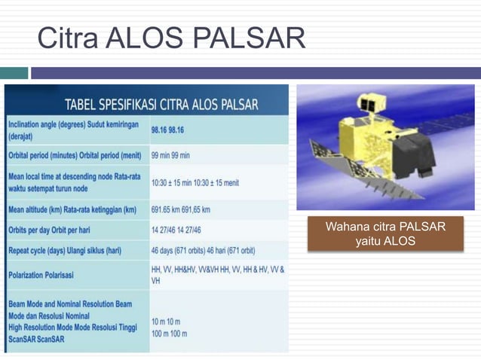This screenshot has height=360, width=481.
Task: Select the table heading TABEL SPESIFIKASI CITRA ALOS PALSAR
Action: click(161, 104)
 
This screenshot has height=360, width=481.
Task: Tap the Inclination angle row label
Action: click(73, 131)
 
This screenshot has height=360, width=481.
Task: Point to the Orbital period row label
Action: click(74, 155)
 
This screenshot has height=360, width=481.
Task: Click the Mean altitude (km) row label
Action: click(72, 209)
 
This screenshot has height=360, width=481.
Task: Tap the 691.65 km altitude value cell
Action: click(180, 209)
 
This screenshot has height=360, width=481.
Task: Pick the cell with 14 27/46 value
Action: click(176, 229)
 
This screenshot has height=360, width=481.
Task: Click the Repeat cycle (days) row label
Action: click(63, 249)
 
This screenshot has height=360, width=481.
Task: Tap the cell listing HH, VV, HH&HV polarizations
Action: click(218, 273)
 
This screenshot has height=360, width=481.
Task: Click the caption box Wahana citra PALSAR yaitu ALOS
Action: click(384, 233)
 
